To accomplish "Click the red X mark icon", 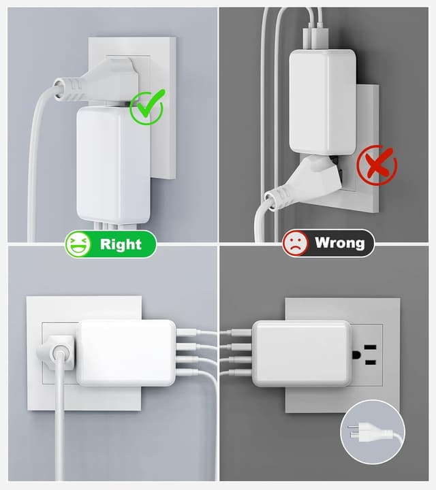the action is tap(377, 165).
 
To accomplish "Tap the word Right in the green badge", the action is tap(121, 244).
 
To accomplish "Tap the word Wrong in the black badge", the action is tap(340, 243).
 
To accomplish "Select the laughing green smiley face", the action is tap(78, 244).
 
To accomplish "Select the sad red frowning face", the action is tap(296, 243).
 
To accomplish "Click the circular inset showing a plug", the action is tap(373, 432).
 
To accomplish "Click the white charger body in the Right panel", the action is tap(113, 165).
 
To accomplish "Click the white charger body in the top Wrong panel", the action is tap(322, 102).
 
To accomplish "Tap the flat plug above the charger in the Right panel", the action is tap(97, 82).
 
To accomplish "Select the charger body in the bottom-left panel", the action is tap(126, 353).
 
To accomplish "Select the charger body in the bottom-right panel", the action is tap(302, 354).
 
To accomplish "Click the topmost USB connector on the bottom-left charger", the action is tap(187, 332).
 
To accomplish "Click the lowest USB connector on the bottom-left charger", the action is tap(187, 372).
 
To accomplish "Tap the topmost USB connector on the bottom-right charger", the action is tap(241, 333).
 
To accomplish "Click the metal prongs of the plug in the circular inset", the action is tap(353, 431).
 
